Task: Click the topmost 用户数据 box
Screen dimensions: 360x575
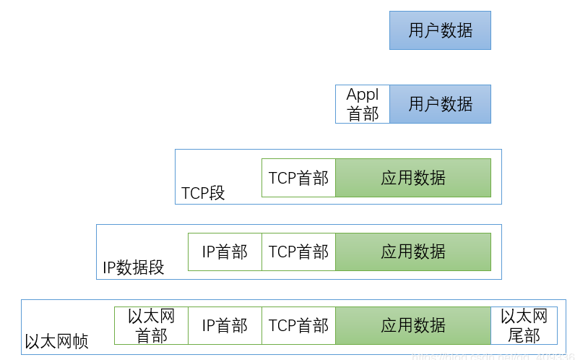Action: coord(440,30)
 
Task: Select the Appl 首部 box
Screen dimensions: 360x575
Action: coord(363,104)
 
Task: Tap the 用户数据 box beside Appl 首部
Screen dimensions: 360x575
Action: coord(440,104)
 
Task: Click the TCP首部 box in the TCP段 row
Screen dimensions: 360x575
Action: coord(298,178)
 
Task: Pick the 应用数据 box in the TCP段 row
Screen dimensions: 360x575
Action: coord(413,178)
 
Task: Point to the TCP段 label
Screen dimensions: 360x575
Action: coord(203,194)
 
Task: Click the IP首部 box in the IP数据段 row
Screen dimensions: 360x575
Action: coord(225,252)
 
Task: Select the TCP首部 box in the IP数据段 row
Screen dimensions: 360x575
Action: coord(298,252)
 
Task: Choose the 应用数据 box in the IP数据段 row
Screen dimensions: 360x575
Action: coord(413,252)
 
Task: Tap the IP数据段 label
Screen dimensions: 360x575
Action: coord(134,267)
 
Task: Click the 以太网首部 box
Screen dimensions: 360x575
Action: coord(151,325)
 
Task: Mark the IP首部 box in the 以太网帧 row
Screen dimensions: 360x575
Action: coord(225,325)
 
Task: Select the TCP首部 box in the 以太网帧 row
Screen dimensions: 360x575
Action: coord(298,325)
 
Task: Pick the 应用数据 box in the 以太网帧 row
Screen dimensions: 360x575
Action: coord(413,325)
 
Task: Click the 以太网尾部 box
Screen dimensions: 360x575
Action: coord(524,325)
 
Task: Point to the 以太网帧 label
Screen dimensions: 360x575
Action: coord(56,341)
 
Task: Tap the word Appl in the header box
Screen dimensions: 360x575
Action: coord(363,95)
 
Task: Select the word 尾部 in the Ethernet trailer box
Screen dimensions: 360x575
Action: coord(524,335)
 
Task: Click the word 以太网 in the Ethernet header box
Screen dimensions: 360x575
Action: coord(151,316)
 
